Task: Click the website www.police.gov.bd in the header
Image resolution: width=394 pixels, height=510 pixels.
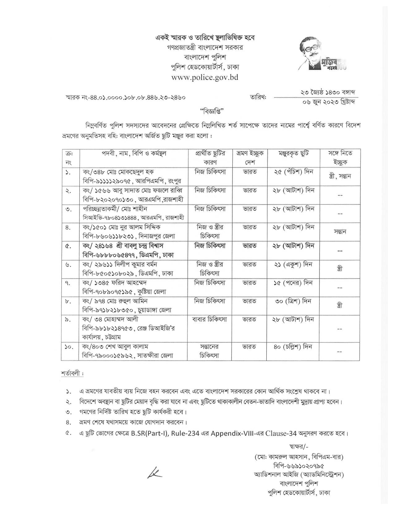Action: pyautogui.click(x=205, y=78)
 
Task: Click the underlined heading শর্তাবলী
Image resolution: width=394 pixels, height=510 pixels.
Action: pyautogui.click(x=72, y=373)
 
